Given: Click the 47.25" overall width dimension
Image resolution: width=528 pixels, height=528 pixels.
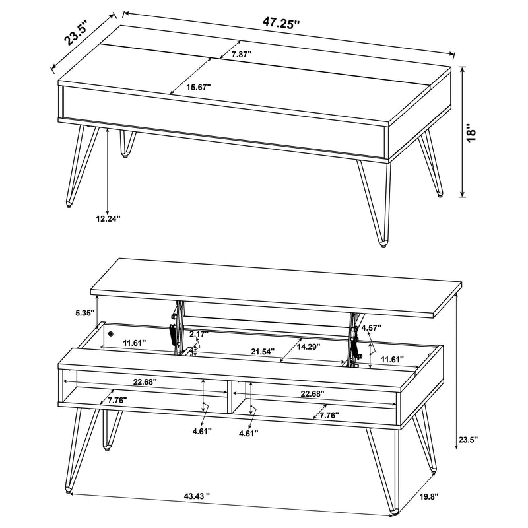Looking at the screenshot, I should pyautogui.click(x=282, y=22).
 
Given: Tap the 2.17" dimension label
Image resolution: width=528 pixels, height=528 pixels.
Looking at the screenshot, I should pyautogui.click(x=199, y=335).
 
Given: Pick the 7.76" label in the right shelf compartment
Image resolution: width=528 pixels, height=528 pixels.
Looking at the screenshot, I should pyautogui.click(x=328, y=415).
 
